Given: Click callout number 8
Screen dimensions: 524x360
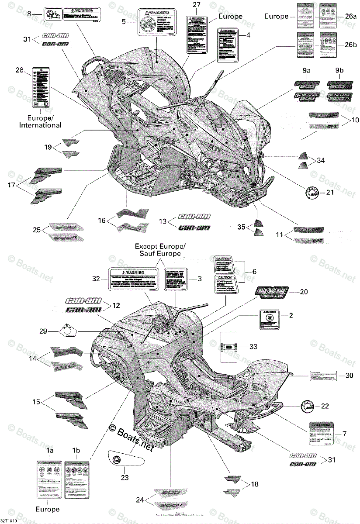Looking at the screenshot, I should (x=30, y=14).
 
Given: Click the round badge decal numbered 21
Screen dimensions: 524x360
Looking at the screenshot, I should (x=313, y=192).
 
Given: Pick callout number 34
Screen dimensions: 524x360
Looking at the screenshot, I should (x=321, y=161).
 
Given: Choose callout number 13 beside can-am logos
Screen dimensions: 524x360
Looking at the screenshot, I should (x=163, y=221).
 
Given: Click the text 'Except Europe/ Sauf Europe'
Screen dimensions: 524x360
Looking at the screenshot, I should (x=160, y=249).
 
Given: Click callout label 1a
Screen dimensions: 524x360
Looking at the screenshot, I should (x=50, y=450).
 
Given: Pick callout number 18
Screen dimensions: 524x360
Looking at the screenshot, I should (x=255, y=484).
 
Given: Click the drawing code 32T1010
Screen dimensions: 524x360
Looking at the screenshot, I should (x=9, y=521).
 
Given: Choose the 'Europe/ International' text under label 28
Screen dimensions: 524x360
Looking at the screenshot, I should (x=40, y=122).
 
